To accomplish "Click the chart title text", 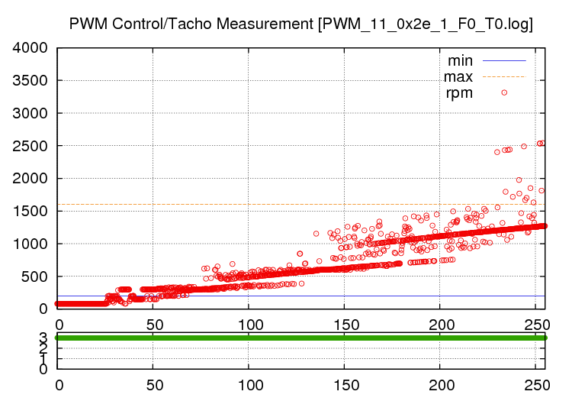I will [300, 24].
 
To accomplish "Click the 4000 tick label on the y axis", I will [31, 48].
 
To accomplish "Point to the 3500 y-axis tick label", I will [31, 81].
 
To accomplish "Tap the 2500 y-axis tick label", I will [31, 146].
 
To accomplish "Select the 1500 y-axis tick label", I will [31, 212].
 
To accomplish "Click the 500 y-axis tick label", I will [36, 276].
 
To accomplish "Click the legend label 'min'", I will [460, 60].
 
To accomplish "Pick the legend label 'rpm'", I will [459, 93].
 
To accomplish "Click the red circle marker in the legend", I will [504, 92].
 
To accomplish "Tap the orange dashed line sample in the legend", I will [504, 76].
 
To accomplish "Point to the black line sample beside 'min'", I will [504, 60].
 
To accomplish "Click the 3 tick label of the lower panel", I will [43, 338].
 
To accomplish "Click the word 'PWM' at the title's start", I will [86, 24].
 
